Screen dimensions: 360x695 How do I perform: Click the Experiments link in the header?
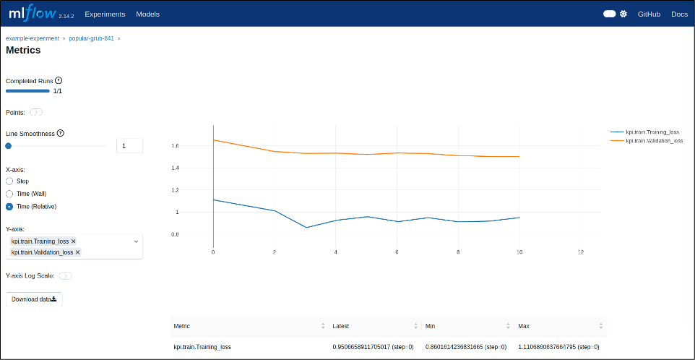point(105,14)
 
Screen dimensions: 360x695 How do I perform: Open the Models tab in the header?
point(147,14)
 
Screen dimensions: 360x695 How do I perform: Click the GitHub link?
point(649,14)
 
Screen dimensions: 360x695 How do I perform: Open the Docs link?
point(679,14)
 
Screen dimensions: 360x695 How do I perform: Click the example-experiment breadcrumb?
point(33,38)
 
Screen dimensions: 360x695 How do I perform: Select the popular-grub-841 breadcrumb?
point(91,38)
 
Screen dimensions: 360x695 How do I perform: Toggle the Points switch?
point(36,112)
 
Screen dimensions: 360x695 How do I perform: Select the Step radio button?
point(9,181)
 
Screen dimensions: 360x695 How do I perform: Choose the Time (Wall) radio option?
point(9,194)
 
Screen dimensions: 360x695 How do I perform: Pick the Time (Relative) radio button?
point(9,207)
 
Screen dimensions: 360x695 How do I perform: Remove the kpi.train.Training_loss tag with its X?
point(74,241)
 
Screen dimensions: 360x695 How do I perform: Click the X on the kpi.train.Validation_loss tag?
point(78,252)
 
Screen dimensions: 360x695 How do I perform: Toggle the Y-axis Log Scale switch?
point(65,275)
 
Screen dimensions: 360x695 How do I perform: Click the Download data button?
point(34,299)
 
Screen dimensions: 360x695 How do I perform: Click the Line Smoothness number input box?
point(129,146)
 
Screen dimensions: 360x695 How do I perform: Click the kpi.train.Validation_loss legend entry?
point(654,140)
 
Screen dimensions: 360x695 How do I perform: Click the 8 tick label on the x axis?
point(458,252)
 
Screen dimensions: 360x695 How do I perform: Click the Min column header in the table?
point(430,326)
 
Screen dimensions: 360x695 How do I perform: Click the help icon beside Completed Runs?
point(59,81)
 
